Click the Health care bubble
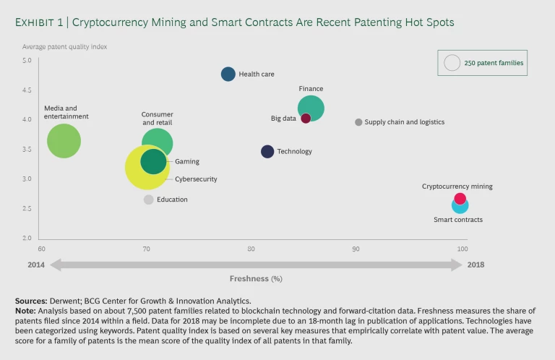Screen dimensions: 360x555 (x=228, y=74)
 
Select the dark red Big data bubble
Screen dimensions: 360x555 (x=306, y=119)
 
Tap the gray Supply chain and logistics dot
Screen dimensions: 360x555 (x=358, y=122)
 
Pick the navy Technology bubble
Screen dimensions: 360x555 (x=267, y=151)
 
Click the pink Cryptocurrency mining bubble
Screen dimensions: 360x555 (x=460, y=199)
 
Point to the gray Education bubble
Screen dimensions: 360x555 (x=148, y=200)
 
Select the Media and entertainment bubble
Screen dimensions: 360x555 (x=64, y=141)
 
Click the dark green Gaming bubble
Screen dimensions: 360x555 (x=153, y=161)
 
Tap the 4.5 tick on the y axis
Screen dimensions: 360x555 (x=26, y=90)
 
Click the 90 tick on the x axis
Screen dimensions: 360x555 (x=356, y=249)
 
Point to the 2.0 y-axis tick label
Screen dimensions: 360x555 (x=26, y=239)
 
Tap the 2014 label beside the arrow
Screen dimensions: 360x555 (x=36, y=265)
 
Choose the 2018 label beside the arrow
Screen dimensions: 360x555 (x=476, y=265)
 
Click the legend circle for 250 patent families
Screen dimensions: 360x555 (x=452, y=63)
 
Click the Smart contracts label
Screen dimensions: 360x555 (x=458, y=220)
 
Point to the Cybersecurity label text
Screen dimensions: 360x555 (x=196, y=179)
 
